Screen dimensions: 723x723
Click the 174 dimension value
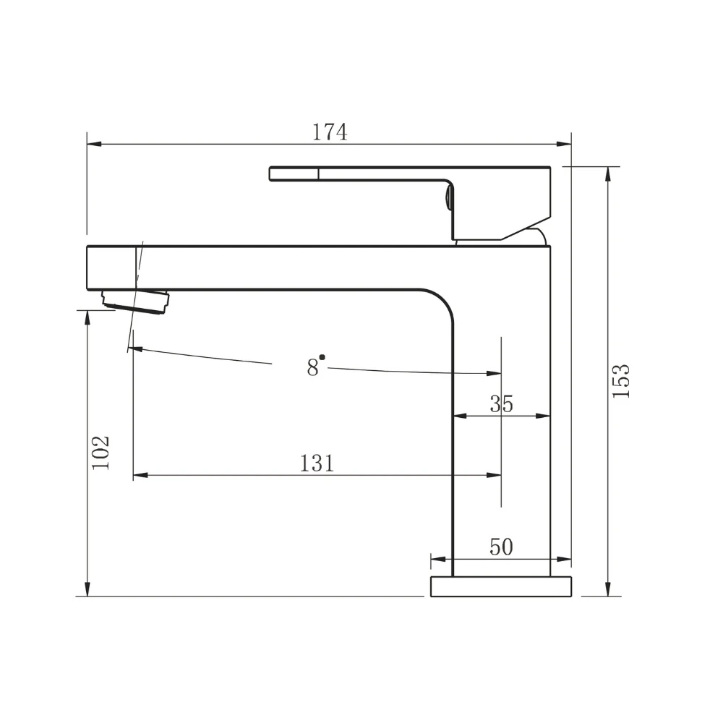tap(330, 132)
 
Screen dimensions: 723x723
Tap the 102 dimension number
tap(101, 452)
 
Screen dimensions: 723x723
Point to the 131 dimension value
tap(317, 463)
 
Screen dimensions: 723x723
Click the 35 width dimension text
tap(501, 403)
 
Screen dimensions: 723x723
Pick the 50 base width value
tap(501, 547)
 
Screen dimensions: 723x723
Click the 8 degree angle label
tap(312, 367)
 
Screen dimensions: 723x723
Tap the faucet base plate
tap(501, 586)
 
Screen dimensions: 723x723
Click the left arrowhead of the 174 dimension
tap(92, 144)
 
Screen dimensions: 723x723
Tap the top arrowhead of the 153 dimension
tap(609, 172)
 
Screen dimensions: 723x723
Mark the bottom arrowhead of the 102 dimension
tap(87, 591)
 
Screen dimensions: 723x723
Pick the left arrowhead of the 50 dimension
tap(436, 559)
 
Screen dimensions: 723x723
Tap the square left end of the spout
tap(108, 268)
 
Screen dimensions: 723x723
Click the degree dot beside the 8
tap(322, 357)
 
